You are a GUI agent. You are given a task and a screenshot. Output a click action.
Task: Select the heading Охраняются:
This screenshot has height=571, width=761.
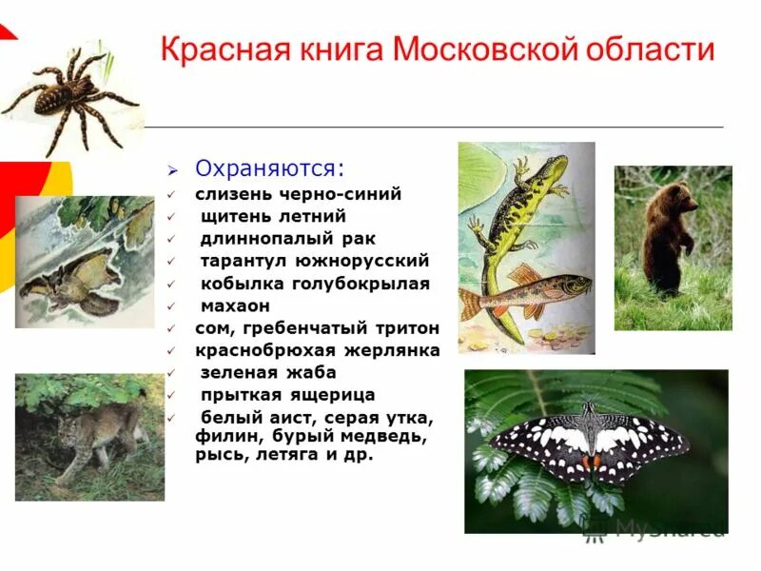pyautogui.click(x=270, y=168)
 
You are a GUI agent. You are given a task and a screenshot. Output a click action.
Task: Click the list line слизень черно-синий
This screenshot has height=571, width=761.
pyautogui.click(x=299, y=194)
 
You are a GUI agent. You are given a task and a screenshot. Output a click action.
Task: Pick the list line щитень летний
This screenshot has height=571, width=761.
pyautogui.click(x=273, y=216)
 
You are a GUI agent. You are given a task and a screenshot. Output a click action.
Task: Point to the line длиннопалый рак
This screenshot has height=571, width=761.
pyautogui.click(x=288, y=239)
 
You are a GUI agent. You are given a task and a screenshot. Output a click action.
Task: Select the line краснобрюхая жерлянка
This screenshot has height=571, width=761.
pyautogui.click(x=318, y=350)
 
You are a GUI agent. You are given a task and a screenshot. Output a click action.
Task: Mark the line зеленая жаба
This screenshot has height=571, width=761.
pyautogui.click(x=267, y=372)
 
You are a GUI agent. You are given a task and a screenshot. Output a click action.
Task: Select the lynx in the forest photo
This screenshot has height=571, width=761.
pyautogui.click(x=95, y=438)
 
